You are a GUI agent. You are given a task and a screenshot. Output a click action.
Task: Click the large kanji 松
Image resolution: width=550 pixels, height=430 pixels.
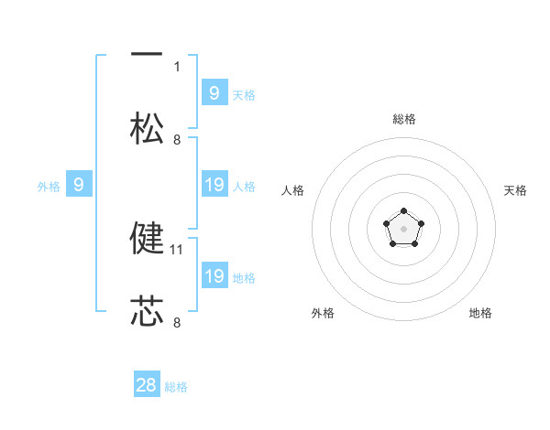click(x=147, y=128)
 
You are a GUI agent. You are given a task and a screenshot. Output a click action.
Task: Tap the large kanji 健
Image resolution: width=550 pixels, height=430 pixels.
click(x=147, y=238)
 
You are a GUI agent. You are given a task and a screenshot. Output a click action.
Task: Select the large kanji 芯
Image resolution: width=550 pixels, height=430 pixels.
click(x=147, y=310)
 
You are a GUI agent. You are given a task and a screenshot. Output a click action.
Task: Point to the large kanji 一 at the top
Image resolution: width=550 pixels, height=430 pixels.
click(x=147, y=54)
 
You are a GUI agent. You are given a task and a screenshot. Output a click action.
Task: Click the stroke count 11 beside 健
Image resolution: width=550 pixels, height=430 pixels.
click(x=176, y=250)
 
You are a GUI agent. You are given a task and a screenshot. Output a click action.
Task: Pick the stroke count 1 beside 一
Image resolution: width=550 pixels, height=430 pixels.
click(x=177, y=67)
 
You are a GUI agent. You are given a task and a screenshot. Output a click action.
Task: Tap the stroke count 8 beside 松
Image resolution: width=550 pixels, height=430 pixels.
click(x=177, y=140)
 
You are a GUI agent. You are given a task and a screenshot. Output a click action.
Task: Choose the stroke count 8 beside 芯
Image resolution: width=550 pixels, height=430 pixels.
click(x=177, y=322)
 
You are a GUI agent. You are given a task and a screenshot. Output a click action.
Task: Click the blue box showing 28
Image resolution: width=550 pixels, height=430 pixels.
click(x=147, y=383)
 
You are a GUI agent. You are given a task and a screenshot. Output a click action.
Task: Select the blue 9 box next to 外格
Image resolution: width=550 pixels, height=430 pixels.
click(x=79, y=184)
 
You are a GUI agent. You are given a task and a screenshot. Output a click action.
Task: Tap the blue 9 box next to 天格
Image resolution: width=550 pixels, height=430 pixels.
click(x=214, y=91)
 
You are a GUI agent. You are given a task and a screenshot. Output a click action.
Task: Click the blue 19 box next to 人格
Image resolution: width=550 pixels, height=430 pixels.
click(x=214, y=184)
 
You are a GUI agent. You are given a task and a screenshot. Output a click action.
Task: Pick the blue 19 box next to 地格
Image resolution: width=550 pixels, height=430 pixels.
click(x=214, y=274)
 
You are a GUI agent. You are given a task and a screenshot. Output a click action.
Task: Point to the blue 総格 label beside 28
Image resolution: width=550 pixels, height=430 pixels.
click(x=176, y=387)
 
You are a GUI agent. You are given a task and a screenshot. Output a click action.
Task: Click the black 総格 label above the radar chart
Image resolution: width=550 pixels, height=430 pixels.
click(x=404, y=119)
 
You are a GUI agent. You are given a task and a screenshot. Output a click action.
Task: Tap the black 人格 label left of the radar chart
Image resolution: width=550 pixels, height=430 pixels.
click(x=292, y=190)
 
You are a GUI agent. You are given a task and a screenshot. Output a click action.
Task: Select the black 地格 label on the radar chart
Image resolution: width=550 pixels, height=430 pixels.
click(x=480, y=313)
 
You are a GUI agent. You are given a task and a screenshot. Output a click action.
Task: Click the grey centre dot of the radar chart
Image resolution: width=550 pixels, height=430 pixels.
click(x=403, y=229)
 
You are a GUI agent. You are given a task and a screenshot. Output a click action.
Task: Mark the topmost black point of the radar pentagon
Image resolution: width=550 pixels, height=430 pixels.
click(x=403, y=210)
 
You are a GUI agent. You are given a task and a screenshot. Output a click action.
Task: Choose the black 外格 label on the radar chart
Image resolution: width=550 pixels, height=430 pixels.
click(x=323, y=313)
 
